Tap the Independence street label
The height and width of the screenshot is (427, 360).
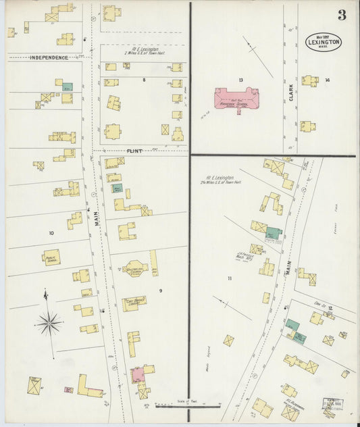tap(49, 57)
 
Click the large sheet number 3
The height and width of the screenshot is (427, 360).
tap(342, 15)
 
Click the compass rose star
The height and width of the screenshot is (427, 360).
tap(49, 324)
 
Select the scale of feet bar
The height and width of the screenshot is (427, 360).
tap(188, 405)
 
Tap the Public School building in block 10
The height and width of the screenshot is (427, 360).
tap(52, 257)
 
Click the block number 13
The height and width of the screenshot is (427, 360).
tap(240, 80)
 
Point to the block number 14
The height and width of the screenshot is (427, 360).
tap(327, 80)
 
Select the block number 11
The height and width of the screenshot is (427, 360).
tap(230, 278)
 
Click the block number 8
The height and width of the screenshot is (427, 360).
tap(143, 80)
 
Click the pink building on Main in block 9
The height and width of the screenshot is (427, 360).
tap(137, 374)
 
